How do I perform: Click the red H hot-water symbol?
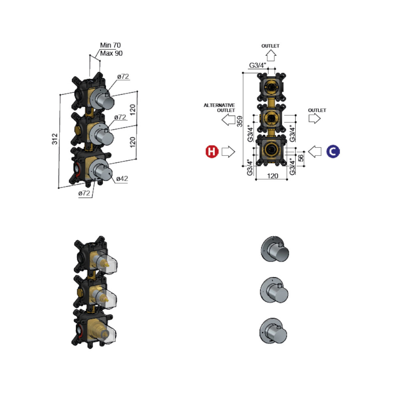pos(212,152)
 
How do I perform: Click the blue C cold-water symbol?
pos(333,151)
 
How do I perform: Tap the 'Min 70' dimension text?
pos(110,45)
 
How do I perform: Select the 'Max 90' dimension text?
pos(111,53)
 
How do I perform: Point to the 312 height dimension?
pos(55,139)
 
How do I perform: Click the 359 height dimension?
pos(240,121)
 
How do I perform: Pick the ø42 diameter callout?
pos(122,178)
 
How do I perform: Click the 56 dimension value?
pos(301,157)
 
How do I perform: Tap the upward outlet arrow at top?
pos(271,55)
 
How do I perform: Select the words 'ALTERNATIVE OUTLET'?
pos(219,108)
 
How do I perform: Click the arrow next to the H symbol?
pos(228,152)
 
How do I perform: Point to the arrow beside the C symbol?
pos(315,152)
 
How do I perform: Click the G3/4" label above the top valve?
pos(258,65)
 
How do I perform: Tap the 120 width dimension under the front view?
pos(272,176)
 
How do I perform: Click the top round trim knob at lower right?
pos(275,249)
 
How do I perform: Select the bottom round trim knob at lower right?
pos(273,331)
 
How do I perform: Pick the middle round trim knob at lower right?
pos(274,290)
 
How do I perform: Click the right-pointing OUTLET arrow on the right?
pos(314,118)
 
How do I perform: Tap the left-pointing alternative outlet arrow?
pos(228,119)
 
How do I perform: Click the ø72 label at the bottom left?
pos(84,193)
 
